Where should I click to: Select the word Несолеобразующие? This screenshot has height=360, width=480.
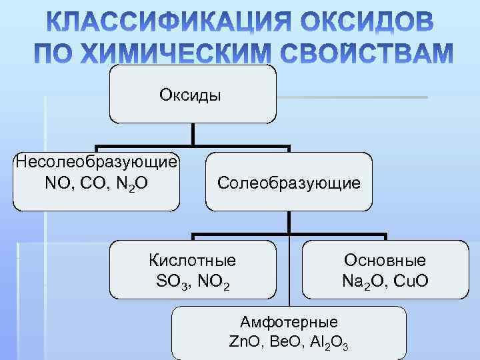click(97, 162)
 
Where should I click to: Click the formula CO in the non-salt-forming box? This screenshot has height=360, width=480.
click(97, 181)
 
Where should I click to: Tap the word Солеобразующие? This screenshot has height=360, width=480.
click(289, 182)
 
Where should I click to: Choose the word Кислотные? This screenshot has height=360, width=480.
click(192, 260)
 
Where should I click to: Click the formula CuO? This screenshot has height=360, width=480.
click(407, 281)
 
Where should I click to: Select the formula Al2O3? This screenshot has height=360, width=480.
click(328, 343)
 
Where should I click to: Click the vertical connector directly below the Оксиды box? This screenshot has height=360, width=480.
click(193, 134)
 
